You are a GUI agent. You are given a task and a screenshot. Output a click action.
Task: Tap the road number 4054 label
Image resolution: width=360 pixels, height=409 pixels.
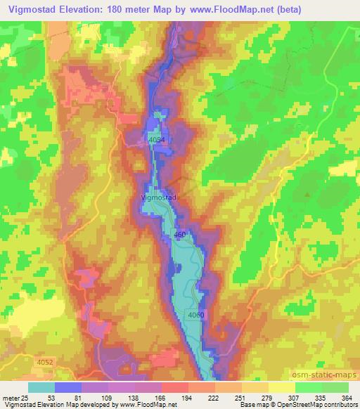point(157,141)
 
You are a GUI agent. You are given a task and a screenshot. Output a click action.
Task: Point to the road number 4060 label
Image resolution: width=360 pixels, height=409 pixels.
point(196,315)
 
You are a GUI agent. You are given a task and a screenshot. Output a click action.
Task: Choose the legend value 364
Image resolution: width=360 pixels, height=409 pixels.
point(347,398)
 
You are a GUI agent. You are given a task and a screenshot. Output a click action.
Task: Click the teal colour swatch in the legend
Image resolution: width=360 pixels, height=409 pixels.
point(41,387)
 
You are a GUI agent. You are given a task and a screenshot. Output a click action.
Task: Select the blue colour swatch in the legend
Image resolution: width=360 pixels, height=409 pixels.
point(68,387)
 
